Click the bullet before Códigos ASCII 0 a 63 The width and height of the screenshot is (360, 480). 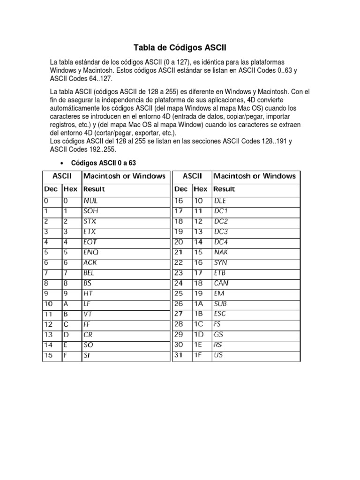pyautogui.click(x=62, y=163)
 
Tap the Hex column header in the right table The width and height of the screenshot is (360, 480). pyautogui.click(x=200, y=189)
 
